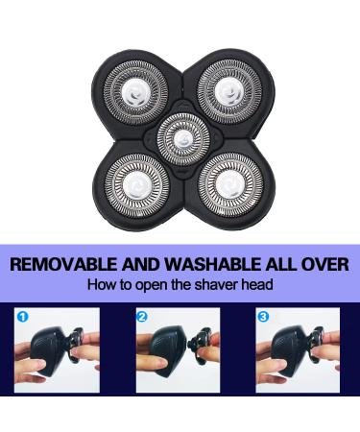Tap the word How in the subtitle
[100, 284]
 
